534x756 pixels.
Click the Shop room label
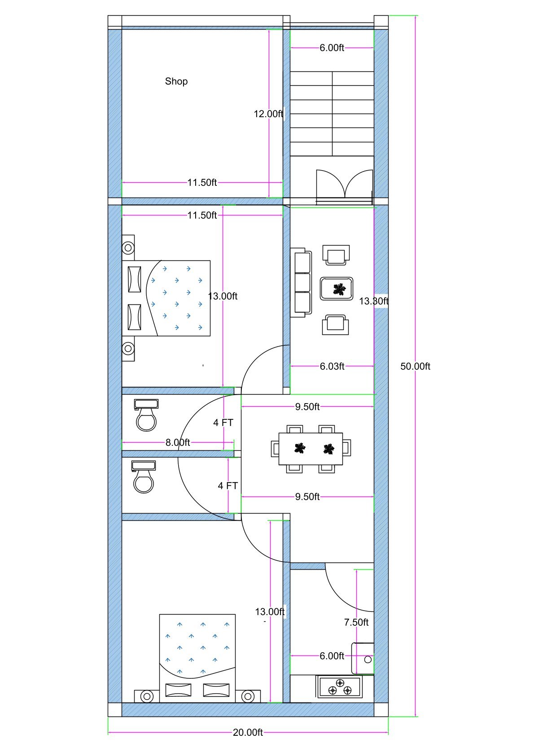(x=176, y=81)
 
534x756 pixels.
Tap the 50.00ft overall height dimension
(x=415, y=366)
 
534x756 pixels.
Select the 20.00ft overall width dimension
(x=248, y=732)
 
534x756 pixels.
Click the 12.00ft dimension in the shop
(x=268, y=114)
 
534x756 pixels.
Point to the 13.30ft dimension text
(x=373, y=301)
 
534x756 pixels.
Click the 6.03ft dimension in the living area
(x=332, y=366)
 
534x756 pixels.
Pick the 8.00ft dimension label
(x=178, y=442)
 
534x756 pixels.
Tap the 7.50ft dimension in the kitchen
(x=356, y=622)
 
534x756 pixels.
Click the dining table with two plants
(x=311, y=448)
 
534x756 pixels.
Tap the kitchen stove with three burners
(x=339, y=687)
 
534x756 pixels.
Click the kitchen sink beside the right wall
(x=363, y=658)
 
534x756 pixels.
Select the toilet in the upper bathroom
(x=146, y=416)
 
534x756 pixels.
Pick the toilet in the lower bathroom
(x=144, y=478)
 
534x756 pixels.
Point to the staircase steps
(x=332, y=114)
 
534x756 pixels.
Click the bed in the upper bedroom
(x=179, y=298)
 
